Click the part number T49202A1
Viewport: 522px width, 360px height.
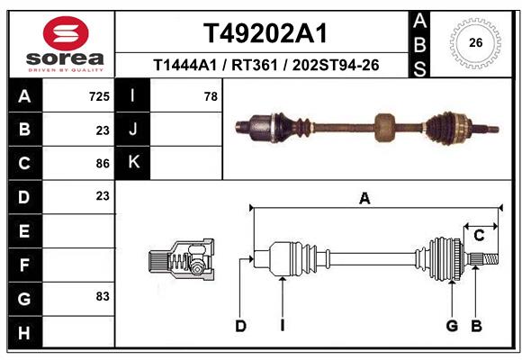pyautogui.click(x=265, y=34)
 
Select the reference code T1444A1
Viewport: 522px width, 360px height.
pyautogui.click(x=183, y=66)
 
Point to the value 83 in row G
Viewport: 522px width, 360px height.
pyautogui.click(x=103, y=296)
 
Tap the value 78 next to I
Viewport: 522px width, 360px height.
pyautogui.click(x=211, y=96)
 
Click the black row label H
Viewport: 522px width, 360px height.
pyautogui.click(x=24, y=332)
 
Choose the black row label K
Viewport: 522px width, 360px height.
pyautogui.click(x=133, y=163)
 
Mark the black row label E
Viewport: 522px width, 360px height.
pyautogui.click(x=24, y=230)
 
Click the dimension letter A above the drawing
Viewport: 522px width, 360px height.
pyautogui.click(x=364, y=199)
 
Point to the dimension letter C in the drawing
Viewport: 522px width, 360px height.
pyautogui.click(x=480, y=236)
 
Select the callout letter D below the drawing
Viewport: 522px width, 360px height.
pyautogui.click(x=240, y=326)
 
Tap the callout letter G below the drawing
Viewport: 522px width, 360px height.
pyautogui.click(x=453, y=326)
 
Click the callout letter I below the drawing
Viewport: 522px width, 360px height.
pyautogui.click(x=282, y=326)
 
